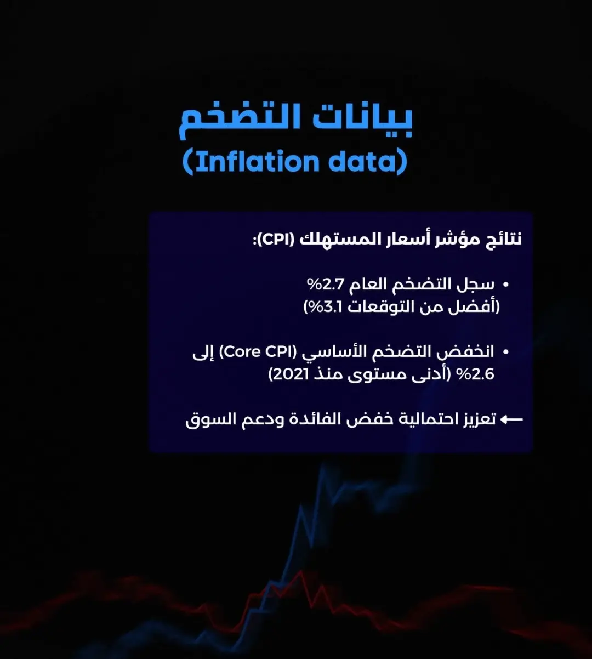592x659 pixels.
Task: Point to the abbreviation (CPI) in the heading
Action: [276, 240]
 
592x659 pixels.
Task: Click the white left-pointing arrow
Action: [511, 419]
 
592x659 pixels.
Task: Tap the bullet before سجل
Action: [505, 285]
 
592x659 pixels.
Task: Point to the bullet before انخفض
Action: [505, 353]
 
